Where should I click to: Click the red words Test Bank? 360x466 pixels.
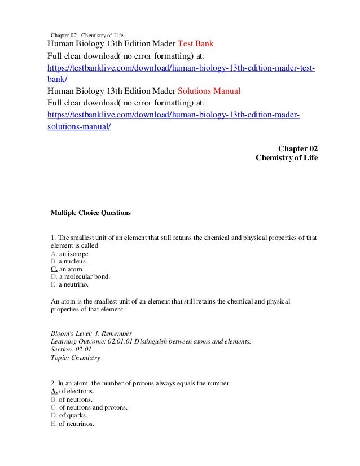point(196,44)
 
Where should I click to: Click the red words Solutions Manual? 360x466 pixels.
point(209,91)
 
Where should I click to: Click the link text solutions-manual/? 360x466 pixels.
point(79,127)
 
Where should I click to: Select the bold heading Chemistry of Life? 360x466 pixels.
point(287,158)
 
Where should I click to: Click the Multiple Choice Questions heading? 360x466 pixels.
point(91,213)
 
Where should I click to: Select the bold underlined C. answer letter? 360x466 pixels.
point(54,270)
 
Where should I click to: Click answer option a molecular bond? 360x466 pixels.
point(85,278)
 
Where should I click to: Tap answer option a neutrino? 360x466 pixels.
point(76,285)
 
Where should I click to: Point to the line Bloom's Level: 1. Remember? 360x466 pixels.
point(91,333)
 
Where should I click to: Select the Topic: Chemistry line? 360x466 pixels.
point(76,358)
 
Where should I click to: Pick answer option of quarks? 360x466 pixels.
point(73,415)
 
